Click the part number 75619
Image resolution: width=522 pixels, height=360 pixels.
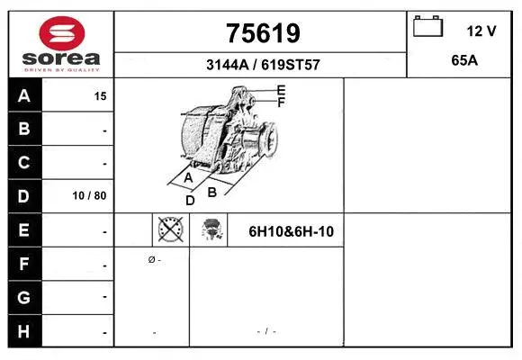point(262,33)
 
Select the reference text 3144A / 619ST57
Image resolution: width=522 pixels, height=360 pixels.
point(262,66)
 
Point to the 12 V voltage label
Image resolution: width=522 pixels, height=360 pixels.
point(481,31)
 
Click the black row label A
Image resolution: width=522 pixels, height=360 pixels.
point(24,95)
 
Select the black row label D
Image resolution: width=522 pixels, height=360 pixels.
point(24,195)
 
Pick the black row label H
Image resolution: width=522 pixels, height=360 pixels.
point(24,331)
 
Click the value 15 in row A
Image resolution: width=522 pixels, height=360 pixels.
point(100,95)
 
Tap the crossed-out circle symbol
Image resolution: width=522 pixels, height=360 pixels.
point(170,230)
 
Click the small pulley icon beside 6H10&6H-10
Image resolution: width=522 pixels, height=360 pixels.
point(211,230)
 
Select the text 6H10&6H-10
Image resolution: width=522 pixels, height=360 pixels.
point(292,231)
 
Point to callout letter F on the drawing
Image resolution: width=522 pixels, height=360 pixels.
point(281,103)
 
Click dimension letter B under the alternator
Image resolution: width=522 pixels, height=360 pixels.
point(212,192)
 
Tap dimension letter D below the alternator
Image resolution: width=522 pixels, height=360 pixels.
point(190,201)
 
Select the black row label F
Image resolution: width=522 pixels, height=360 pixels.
point(24,265)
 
